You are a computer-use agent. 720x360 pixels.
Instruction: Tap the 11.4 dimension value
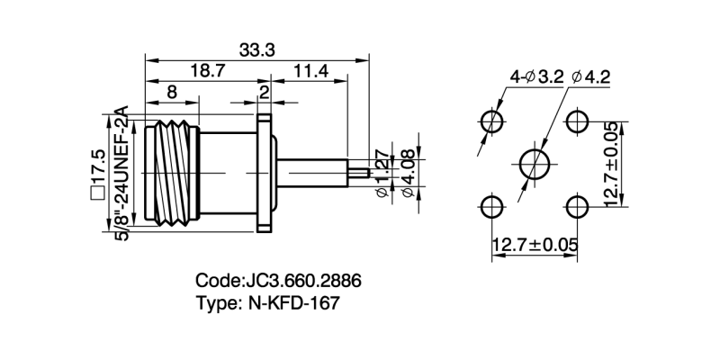309,71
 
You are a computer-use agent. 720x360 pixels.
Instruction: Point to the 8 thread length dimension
171,92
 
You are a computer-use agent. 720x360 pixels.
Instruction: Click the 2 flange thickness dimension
265,92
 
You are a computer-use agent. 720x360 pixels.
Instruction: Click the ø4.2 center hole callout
590,77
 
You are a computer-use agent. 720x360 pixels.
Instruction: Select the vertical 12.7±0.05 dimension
611,165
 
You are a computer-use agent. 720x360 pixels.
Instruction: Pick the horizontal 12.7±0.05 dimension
535,244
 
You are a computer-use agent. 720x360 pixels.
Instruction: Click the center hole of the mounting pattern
535,165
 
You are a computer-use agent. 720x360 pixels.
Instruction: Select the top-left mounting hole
491,121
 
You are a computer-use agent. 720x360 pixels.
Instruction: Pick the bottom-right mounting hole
578,208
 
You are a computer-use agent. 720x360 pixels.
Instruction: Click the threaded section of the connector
168,172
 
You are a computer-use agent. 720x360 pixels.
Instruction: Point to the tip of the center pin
366,172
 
